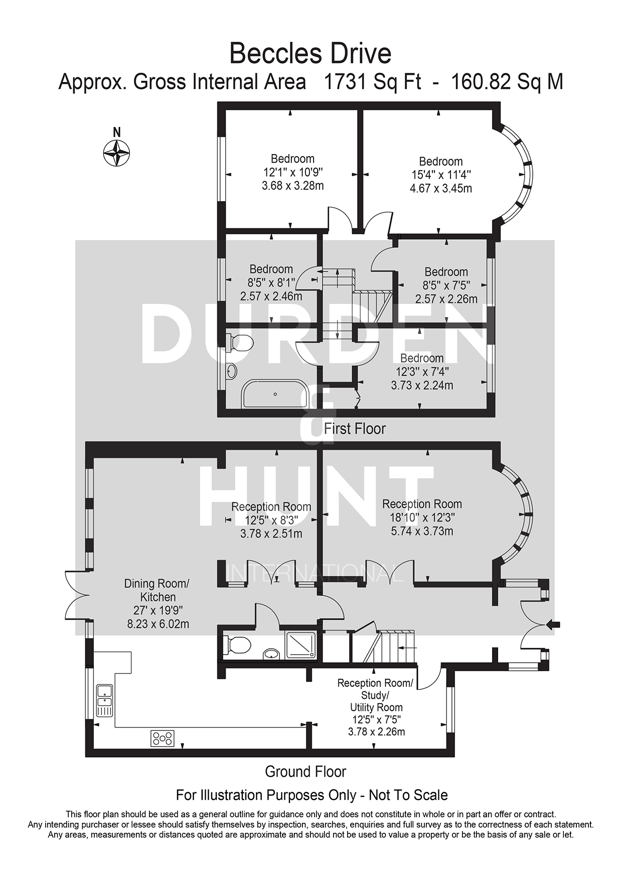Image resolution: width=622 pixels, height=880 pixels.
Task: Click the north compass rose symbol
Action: (116, 153)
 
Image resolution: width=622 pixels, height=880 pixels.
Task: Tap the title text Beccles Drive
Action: (310, 54)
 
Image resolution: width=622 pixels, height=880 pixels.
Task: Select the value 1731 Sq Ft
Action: (373, 82)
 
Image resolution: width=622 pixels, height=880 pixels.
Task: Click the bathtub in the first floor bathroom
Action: (275, 394)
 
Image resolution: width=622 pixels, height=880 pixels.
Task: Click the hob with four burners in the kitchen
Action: (163, 738)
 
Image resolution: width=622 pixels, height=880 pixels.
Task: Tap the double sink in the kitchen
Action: (105, 700)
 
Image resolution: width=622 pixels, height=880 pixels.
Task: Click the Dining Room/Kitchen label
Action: (157, 591)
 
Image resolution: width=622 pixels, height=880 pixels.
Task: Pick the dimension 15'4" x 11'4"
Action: (440, 175)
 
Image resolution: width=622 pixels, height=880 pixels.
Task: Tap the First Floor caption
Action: (355, 429)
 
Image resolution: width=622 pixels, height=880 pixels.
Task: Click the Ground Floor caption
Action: (305, 771)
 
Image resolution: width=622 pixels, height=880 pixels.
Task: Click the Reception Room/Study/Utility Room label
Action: (376, 695)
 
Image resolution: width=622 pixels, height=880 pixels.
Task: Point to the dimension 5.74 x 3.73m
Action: (422, 531)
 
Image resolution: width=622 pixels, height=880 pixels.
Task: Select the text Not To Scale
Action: (408, 795)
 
